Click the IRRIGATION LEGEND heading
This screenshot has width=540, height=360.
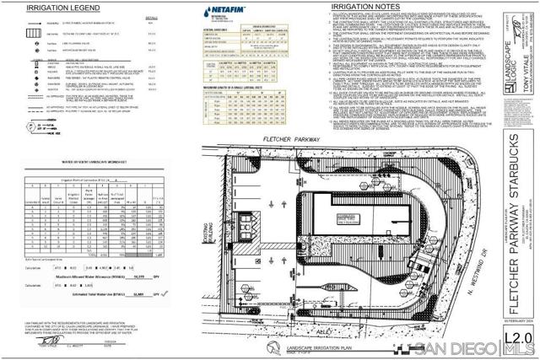click(52, 8)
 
